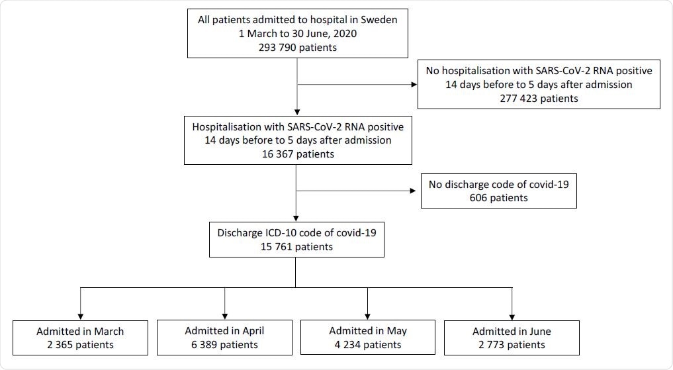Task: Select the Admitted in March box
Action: pyautogui.click(x=81, y=338)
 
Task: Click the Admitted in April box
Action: pyautogui.click(x=224, y=338)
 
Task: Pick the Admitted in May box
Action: pyautogui.click(x=368, y=338)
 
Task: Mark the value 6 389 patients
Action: pyautogui.click(x=224, y=344)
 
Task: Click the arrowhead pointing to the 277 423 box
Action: pyautogui.click(x=413, y=85)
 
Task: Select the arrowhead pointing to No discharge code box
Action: pyautogui.click(x=417, y=191)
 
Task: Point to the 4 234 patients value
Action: pyautogui.click(x=368, y=344)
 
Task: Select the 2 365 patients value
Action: pyautogui.click(x=81, y=344)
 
